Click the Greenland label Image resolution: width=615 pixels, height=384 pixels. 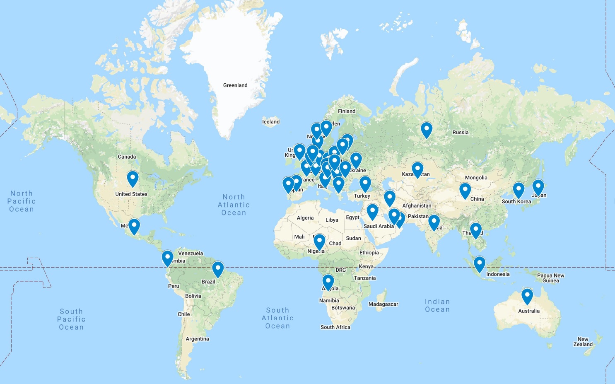tap(235, 85)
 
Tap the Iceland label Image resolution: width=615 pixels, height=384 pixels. tap(271, 122)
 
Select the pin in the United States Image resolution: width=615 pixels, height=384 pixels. tap(133, 179)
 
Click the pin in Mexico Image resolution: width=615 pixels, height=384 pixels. tap(134, 226)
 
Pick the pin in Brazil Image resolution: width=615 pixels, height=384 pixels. tap(218, 269)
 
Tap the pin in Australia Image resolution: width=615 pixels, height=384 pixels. tap(527, 296)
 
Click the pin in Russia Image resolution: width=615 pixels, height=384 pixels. tap(427, 130)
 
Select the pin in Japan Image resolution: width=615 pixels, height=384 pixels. tap(538, 187)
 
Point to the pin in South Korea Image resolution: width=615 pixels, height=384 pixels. tap(519, 190)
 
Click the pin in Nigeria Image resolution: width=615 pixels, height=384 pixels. tap(319, 242)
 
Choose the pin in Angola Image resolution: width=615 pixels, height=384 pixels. tap(328, 282)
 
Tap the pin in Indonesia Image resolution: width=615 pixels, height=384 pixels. tap(479, 264)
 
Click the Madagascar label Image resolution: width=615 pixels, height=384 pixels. tap(383, 304)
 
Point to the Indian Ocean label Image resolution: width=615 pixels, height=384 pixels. tap(437, 306)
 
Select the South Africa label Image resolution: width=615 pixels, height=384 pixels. tap(335, 327)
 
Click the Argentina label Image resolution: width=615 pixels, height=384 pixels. tap(198, 339)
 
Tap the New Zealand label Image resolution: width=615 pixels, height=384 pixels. tap(583, 342)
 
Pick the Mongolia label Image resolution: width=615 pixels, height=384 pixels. tap(476, 178)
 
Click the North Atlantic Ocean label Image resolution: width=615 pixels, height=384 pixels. tap(234, 205)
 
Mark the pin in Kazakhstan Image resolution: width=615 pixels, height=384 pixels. tap(417, 170)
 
